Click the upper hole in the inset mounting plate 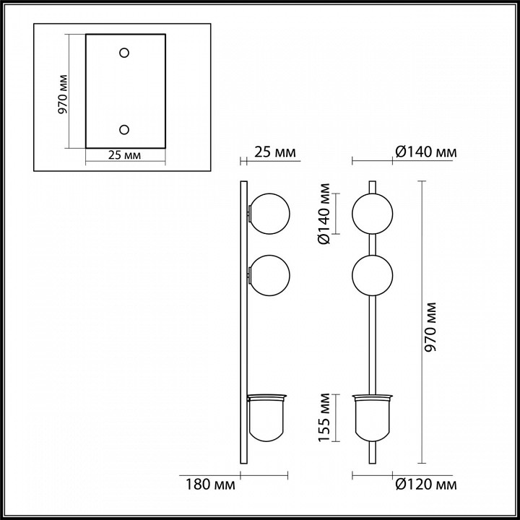124,53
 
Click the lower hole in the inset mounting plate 124,129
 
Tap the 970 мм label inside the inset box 63,94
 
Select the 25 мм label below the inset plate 124,155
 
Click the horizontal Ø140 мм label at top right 426,152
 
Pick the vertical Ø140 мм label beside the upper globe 326,214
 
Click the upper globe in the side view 269,213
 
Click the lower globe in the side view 269,275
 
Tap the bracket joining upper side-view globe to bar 250,213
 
